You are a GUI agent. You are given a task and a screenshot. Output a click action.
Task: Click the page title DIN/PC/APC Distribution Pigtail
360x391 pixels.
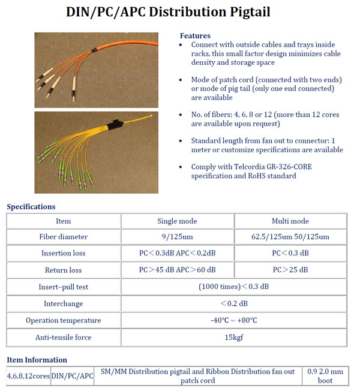(180, 11)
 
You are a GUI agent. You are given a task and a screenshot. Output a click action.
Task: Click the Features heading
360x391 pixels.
(195, 36)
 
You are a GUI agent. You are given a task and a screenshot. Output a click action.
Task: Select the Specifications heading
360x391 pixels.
(31, 207)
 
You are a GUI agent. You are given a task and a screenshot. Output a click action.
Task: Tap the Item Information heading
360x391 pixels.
(37, 360)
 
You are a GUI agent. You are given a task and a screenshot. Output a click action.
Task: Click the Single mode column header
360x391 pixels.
(177, 221)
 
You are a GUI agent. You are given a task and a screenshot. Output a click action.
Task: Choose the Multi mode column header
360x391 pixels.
(290, 221)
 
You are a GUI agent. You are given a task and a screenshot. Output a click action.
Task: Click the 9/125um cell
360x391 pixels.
(177, 237)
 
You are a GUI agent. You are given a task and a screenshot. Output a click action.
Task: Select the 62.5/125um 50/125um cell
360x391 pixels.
(290, 237)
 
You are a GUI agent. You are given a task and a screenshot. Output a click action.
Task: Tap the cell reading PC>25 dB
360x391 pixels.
(290, 270)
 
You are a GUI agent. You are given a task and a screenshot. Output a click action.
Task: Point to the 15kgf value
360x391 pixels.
(234, 337)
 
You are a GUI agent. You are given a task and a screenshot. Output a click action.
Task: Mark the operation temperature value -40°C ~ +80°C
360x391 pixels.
(234, 320)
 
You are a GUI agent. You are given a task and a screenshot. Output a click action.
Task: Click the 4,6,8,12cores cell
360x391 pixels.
(28, 376)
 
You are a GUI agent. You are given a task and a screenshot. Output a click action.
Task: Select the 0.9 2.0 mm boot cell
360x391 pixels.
(325, 376)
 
